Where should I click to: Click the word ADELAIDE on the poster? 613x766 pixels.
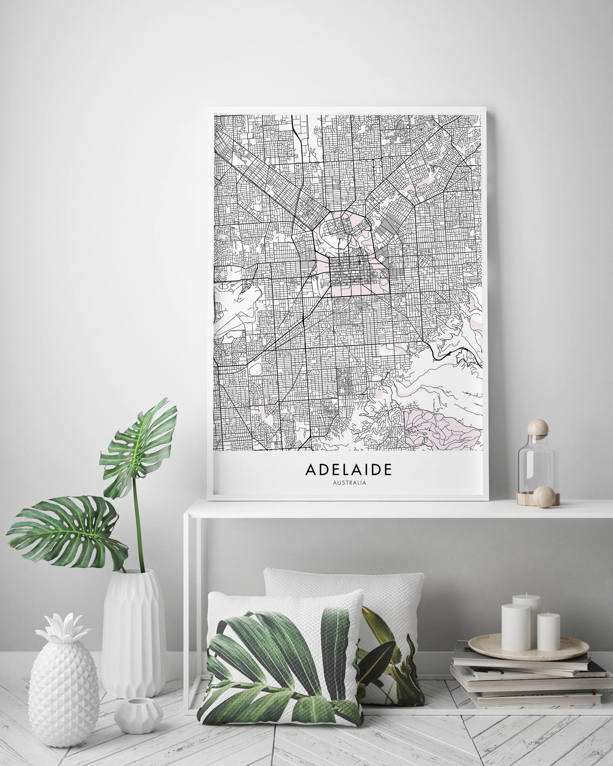coord(348,469)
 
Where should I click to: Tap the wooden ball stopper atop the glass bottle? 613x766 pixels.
coord(538,428)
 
